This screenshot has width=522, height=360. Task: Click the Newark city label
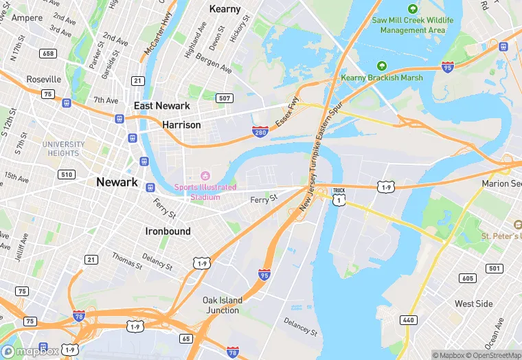click(117, 182)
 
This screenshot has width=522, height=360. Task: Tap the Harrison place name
click(181, 125)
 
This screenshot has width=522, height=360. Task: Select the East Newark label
click(161, 105)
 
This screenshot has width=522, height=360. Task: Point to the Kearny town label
click(225, 9)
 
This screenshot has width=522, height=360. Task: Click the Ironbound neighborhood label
click(168, 232)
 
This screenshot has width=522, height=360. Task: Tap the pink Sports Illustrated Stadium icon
click(204, 176)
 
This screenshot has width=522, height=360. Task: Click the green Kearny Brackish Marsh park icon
click(382, 66)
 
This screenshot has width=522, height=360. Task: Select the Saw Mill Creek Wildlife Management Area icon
click(412, 9)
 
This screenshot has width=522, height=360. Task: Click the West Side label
click(473, 304)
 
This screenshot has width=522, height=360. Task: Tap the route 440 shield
click(408, 319)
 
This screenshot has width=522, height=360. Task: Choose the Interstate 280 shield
click(260, 131)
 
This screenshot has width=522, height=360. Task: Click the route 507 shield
click(224, 98)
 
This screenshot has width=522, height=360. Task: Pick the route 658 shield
click(48, 54)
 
